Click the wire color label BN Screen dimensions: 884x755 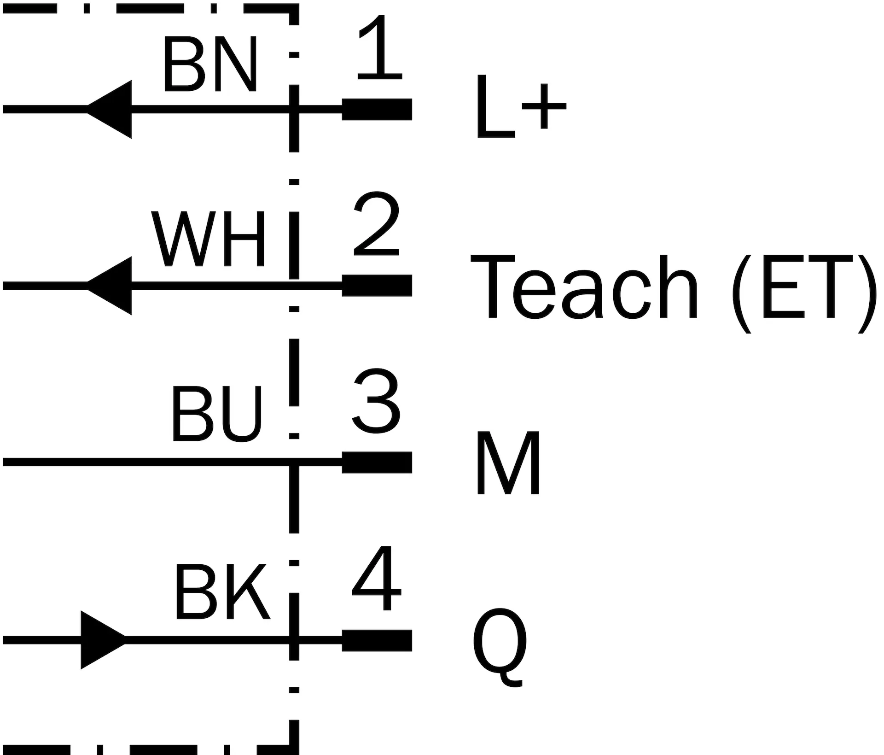point(209,64)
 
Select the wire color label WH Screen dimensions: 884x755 point(209,239)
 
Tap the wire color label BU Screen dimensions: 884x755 point(216,413)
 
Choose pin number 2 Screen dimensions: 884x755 point(377,224)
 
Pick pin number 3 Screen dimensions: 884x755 point(376,401)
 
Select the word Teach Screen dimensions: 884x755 point(584,287)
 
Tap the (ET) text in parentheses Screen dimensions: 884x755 point(803,293)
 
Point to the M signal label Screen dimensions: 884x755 point(508,463)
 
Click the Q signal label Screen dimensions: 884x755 point(500,647)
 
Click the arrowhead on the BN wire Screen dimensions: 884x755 point(110,109)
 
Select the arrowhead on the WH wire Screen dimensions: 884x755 point(110,286)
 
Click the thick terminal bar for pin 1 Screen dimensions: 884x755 point(377,109)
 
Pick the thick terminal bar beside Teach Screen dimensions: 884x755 point(377,286)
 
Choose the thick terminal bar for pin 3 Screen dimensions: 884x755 point(377,462)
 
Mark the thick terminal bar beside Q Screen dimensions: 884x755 point(377,640)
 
